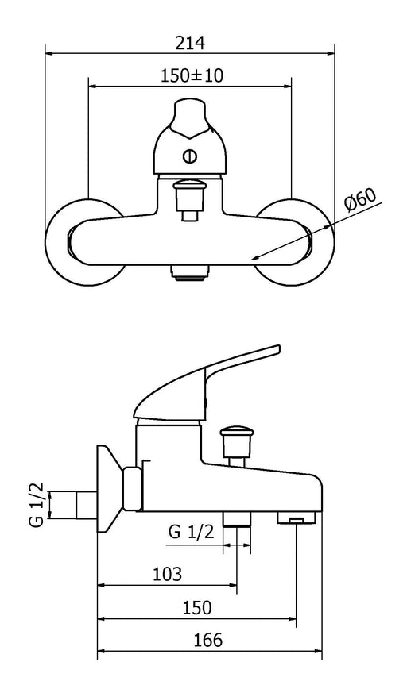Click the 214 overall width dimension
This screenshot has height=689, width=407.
pos(190,43)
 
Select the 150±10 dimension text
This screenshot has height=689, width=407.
pos(192,75)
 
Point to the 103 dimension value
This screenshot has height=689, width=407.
pos(167,574)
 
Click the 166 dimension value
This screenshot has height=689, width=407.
pos(208,640)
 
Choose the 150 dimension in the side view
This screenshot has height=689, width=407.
pos(197,607)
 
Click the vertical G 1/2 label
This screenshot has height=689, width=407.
pos(38,505)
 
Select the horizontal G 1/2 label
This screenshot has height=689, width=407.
pos(191,532)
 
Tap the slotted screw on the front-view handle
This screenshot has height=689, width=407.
pos(190,156)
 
